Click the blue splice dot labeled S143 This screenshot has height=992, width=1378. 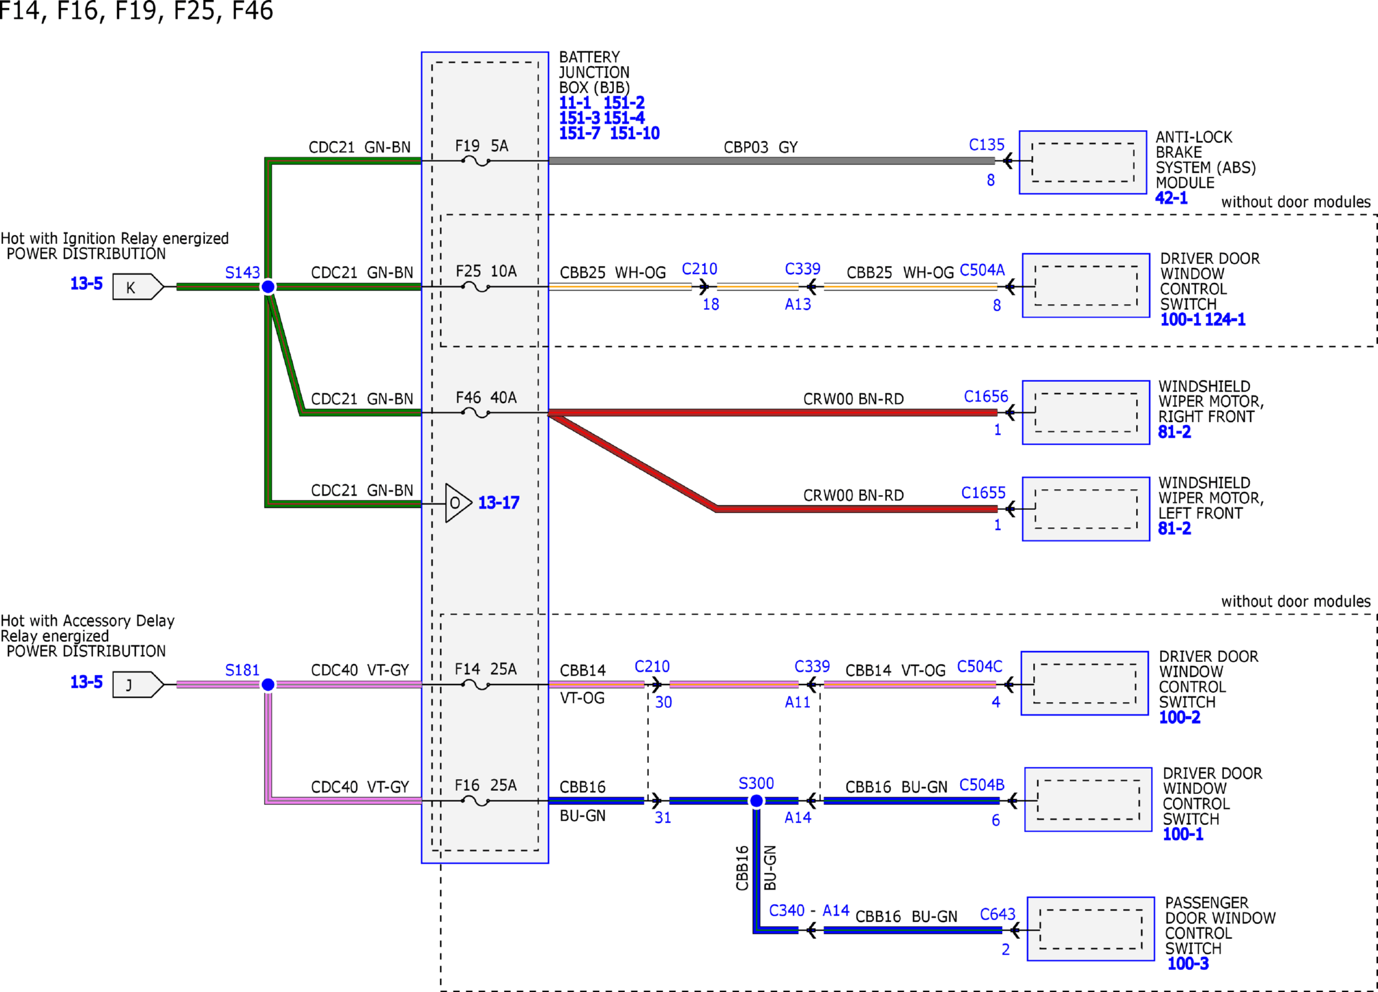tap(268, 287)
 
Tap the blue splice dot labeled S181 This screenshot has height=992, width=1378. tap(268, 685)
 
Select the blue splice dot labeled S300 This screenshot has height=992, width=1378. tap(756, 801)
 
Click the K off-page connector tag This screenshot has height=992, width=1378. tap(138, 287)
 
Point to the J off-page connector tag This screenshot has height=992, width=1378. tap(138, 685)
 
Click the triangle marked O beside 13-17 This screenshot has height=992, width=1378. tap(457, 503)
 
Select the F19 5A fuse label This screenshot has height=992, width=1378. tap(482, 146)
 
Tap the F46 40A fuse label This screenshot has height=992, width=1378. tap(486, 397)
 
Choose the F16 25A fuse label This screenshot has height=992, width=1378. tap(485, 786)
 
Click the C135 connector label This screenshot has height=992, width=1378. tap(987, 145)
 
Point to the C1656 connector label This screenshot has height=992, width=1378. tap(986, 396)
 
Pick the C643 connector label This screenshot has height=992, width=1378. tap(998, 914)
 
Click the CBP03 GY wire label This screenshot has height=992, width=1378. tap(761, 148)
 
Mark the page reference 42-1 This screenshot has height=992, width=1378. tap(1172, 198)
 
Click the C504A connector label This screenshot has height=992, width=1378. tap(982, 270)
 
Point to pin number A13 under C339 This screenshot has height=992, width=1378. tap(798, 304)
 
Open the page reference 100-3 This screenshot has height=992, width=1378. tap(1188, 964)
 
